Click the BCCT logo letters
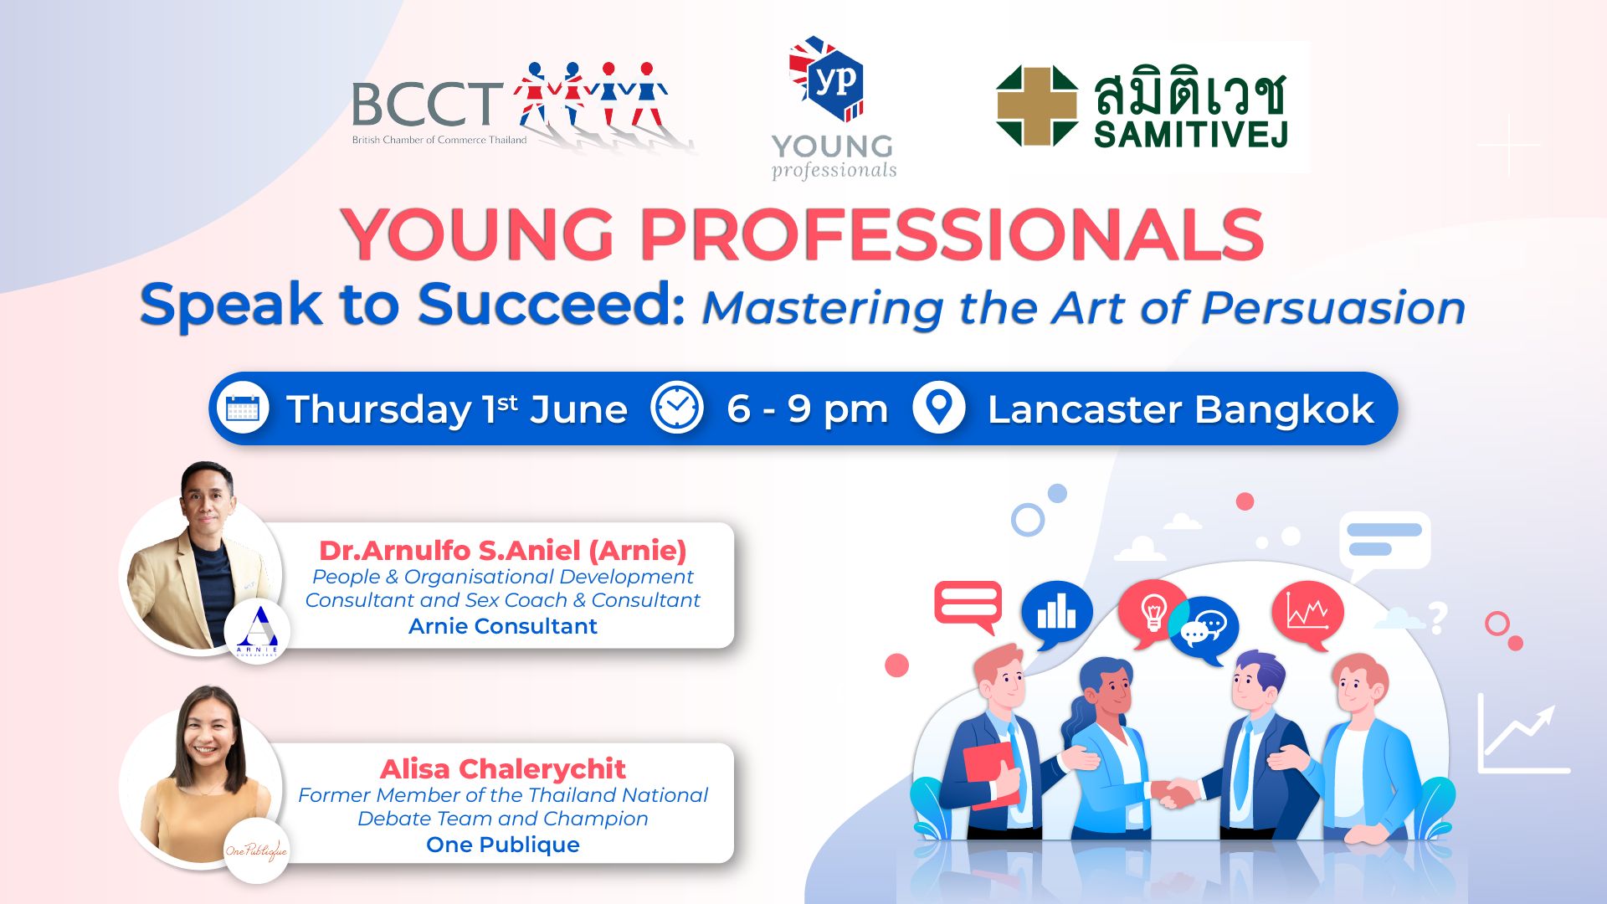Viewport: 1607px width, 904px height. point(427,104)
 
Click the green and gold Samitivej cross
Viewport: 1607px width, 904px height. point(1037,106)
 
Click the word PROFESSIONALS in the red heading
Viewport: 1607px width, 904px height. point(952,234)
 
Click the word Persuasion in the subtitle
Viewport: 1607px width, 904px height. point(1333,308)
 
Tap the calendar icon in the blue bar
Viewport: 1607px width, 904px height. point(243,408)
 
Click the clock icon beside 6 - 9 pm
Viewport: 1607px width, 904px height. point(677,408)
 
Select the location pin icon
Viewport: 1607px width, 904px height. point(938,408)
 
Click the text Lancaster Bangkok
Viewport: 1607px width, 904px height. point(1180,409)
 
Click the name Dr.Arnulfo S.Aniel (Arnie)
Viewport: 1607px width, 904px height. point(503,550)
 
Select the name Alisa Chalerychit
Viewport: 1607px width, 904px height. point(503,768)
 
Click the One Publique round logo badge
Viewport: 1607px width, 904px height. point(256,850)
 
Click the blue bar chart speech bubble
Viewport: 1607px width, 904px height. point(1056,614)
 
